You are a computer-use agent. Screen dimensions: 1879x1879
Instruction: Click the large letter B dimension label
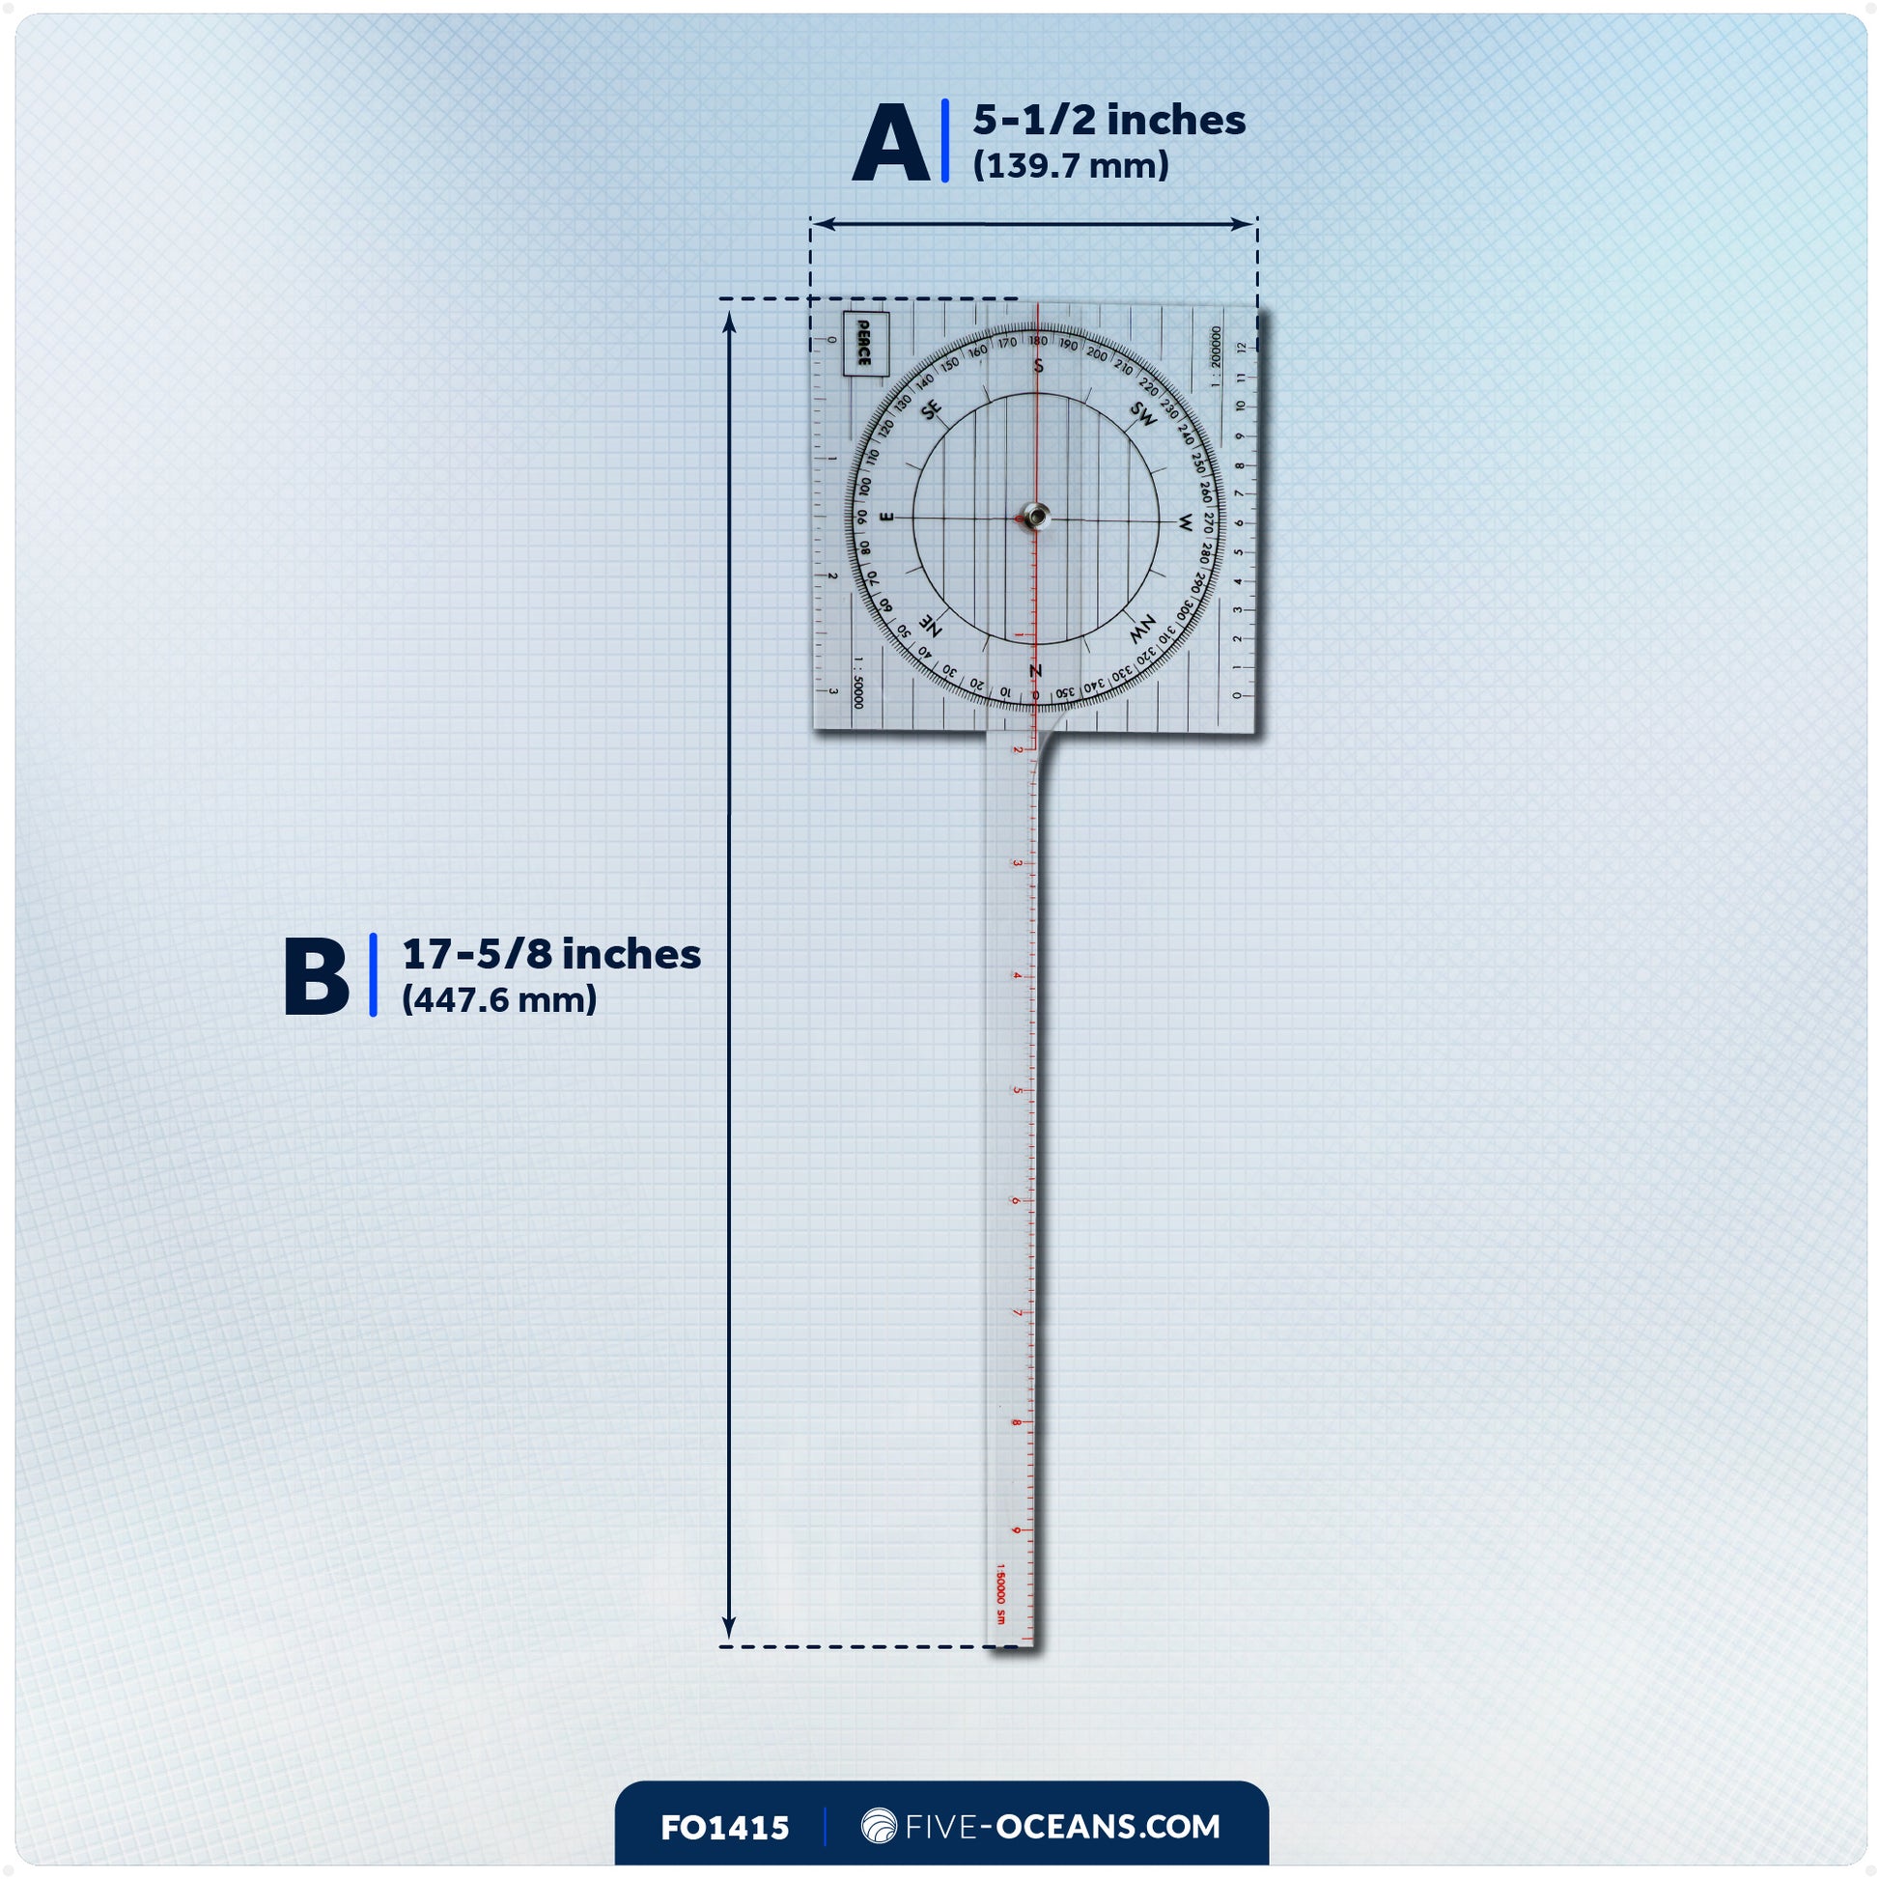316,976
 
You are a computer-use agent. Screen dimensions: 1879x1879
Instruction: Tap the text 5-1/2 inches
1108,121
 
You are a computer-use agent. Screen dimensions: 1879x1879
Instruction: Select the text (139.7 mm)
1071,166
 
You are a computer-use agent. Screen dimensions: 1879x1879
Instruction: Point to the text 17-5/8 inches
551,954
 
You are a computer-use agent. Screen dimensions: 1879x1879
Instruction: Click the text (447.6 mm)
499,999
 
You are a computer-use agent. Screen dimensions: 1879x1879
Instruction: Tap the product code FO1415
724,1829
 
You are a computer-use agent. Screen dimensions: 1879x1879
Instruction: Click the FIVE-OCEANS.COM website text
1062,1827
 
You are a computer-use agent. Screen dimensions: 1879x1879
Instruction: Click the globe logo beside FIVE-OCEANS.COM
880,1827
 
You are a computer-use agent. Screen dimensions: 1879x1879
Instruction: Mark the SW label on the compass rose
1144,413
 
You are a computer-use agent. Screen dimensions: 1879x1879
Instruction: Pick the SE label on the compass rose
932,410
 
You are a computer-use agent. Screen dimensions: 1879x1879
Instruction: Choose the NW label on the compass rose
1142,629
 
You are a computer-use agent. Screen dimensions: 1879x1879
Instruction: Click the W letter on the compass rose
1185,524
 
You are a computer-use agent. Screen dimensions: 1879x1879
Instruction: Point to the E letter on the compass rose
886,518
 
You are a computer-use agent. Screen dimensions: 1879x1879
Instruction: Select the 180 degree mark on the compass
1039,342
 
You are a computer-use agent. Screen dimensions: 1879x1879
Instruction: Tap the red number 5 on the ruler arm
1018,1090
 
